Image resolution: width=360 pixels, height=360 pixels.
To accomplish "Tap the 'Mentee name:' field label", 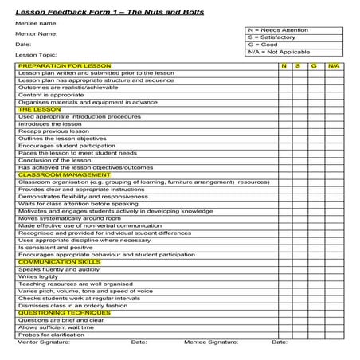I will pos(33,24).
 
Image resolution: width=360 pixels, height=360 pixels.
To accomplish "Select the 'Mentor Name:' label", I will pos(36,34).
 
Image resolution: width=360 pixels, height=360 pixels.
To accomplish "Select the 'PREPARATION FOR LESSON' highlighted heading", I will pos(65,65).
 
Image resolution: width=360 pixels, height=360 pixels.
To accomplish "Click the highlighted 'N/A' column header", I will pos(333,65).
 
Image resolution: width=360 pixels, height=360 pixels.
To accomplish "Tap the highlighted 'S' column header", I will pos(297,65).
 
